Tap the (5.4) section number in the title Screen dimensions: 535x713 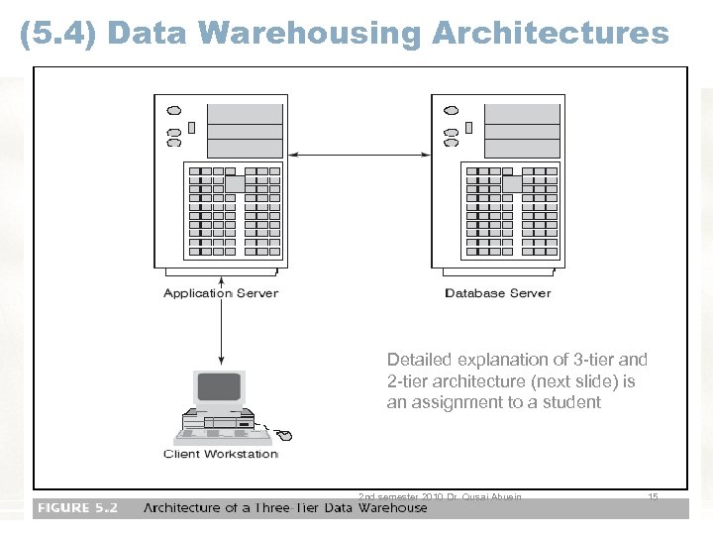(x=58, y=33)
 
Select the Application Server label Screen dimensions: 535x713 (x=221, y=293)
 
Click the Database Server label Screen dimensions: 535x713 (x=498, y=293)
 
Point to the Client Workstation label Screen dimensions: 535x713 (x=221, y=454)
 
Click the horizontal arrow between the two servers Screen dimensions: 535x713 (x=358, y=155)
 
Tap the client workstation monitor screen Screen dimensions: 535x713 (x=219, y=386)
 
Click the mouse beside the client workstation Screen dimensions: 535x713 (x=284, y=435)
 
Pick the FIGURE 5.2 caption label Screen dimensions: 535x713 (x=77, y=507)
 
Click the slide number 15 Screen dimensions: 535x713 (x=653, y=496)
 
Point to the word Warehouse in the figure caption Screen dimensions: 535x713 (x=393, y=508)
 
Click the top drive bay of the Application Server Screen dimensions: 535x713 (x=245, y=111)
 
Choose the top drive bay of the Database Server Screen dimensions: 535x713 (x=522, y=111)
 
